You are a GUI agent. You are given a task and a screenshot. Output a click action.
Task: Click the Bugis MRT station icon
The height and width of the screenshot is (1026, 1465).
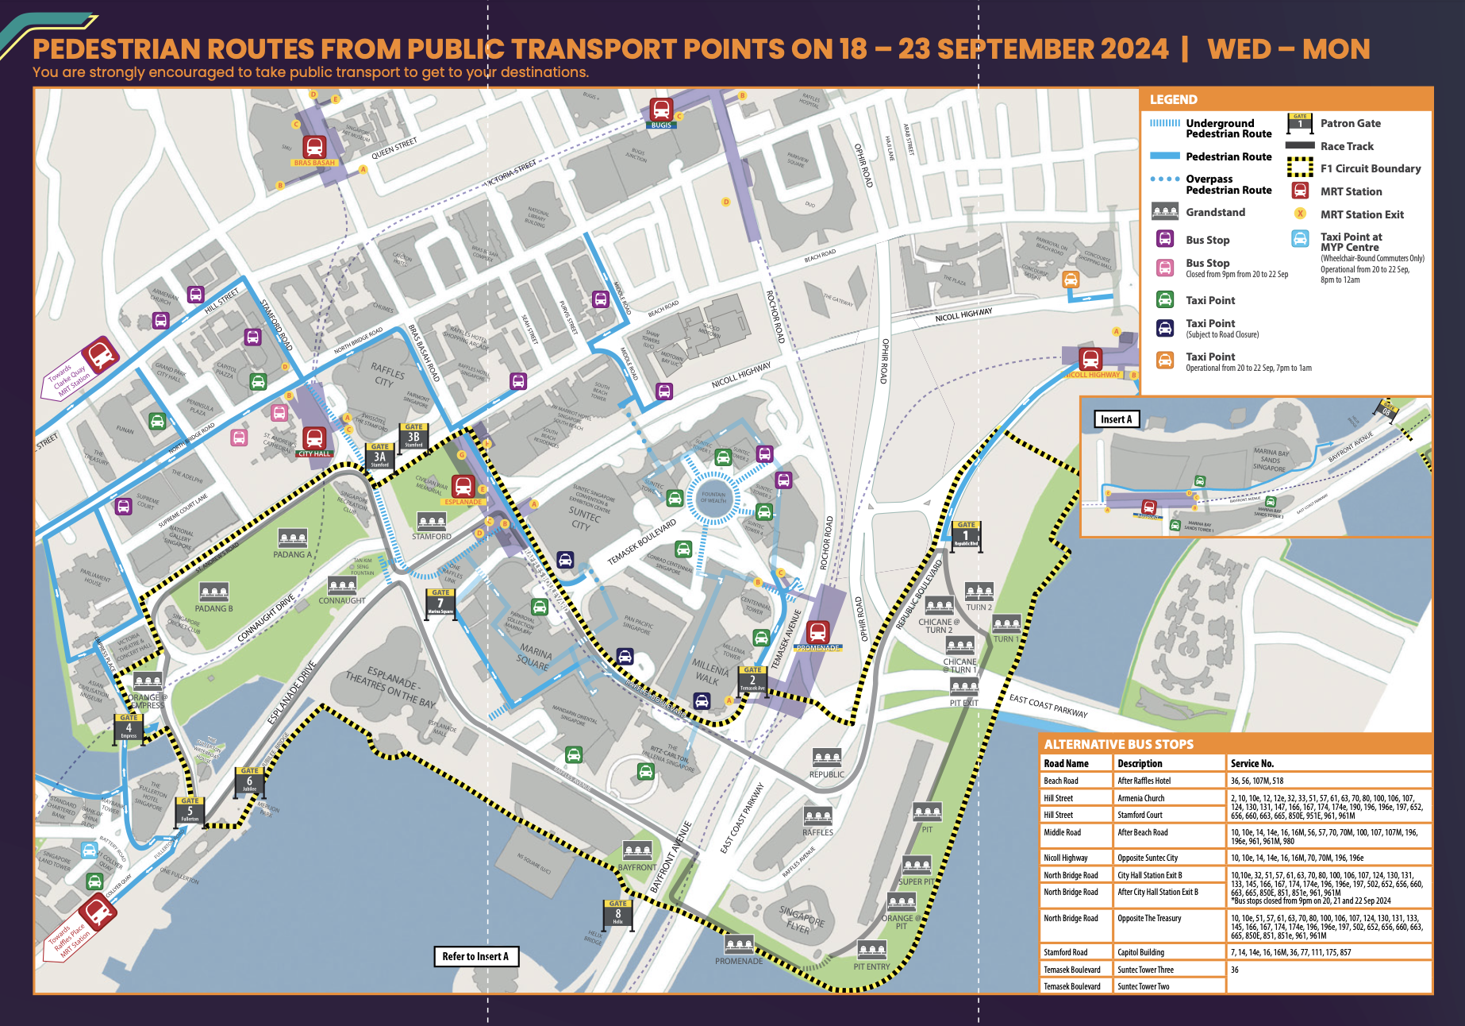tap(661, 109)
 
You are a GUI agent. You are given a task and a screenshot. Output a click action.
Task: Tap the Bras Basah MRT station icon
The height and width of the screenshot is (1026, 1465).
tap(314, 147)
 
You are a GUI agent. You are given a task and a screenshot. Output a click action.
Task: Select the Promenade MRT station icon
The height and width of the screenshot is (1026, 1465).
tap(817, 632)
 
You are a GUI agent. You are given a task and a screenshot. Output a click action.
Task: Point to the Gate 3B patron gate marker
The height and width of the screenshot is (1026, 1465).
tap(413, 435)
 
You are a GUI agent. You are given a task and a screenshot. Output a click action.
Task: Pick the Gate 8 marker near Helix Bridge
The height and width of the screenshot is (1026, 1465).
tap(617, 913)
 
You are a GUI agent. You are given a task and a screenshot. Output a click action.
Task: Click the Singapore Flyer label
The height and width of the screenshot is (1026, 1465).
tap(802, 919)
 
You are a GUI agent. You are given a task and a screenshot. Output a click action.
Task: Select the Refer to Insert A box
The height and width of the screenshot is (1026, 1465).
tap(475, 956)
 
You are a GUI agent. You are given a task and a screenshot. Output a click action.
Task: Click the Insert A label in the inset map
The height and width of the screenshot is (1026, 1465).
tap(1117, 419)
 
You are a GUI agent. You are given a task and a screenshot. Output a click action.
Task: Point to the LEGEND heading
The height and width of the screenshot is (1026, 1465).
tap(1173, 99)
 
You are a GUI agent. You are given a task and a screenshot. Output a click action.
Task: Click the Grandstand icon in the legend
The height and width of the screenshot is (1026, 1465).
tap(1164, 212)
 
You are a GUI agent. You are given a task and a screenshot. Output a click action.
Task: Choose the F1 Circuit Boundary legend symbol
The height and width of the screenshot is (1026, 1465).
tap(1299, 168)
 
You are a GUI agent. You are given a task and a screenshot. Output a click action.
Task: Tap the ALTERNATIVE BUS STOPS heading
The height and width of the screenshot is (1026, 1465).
tap(1118, 744)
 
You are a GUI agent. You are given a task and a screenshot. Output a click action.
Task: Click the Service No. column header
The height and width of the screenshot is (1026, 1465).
tap(1252, 763)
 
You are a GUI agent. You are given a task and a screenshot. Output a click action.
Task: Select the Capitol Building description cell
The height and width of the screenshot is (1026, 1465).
tap(1140, 952)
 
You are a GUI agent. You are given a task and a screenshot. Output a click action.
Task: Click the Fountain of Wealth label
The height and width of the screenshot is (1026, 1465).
tap(713, 497)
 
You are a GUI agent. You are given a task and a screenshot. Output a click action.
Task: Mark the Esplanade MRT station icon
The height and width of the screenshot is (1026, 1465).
tap(463, 486)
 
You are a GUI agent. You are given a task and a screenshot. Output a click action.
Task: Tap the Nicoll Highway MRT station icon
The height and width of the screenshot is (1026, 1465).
tap(1090, 359)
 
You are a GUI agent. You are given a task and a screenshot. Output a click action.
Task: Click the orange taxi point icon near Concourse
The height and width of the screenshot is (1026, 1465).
tap(1071, 280)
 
